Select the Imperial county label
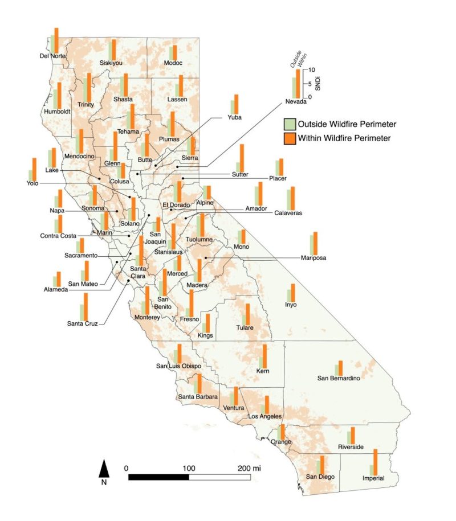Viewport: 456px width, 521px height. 373,478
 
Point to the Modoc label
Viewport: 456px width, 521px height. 173,63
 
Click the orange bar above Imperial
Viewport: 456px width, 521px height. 376,461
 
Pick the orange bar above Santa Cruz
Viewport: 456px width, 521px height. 86,307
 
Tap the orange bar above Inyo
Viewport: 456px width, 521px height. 293,293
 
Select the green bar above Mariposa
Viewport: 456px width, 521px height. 311,245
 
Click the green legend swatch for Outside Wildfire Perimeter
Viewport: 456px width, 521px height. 290,124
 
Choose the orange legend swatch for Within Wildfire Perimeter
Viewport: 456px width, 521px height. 290,138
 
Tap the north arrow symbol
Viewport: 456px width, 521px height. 104,469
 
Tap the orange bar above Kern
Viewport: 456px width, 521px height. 265,356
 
